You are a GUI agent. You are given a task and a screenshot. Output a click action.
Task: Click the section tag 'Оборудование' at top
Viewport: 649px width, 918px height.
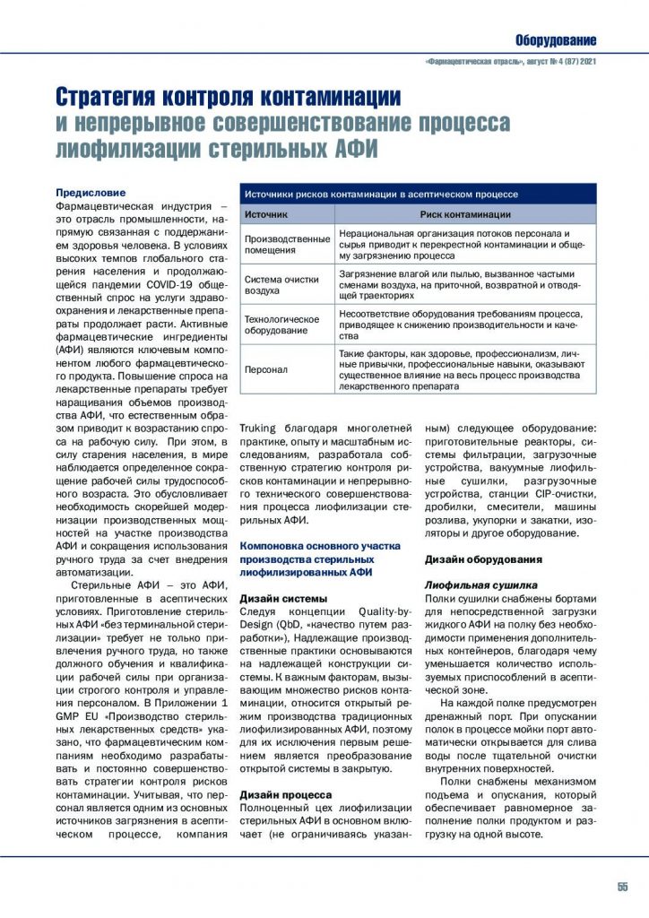click(555, 40)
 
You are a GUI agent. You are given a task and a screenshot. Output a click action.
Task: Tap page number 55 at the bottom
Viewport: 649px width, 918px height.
click(622, 887)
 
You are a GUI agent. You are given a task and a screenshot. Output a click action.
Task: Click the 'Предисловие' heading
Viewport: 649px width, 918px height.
click(91, 193)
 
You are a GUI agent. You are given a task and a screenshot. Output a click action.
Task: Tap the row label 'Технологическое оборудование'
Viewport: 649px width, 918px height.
click(281, 324)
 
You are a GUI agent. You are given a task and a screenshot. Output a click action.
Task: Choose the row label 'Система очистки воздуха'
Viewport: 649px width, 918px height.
click(281, 284)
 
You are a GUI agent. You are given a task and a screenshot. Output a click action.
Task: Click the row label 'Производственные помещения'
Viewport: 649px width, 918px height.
click(287, 245)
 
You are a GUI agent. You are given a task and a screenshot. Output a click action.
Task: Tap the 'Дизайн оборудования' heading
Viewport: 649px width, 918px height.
click(483, 559)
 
